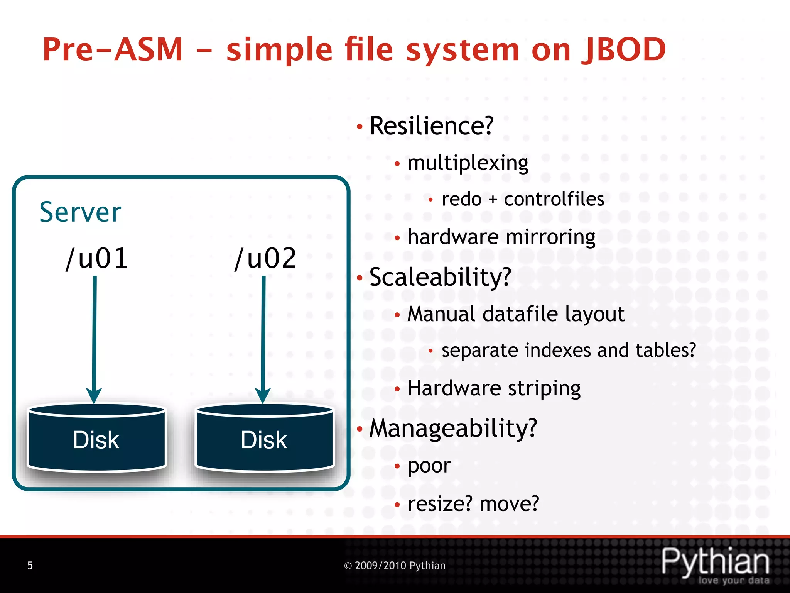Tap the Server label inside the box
(x=80, y=212)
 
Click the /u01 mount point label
(x=96, y=258)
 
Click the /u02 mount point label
(x=265, y=258)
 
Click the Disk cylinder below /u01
(x=96, y=438)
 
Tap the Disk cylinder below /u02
(x=264, y=438)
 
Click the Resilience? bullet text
(x=431, y=126)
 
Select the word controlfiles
(x=554, y=200)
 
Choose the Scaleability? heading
(x=440, y=277)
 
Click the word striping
(x=544, y=389)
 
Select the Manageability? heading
(x=453, y=429)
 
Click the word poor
(x=429, y=466)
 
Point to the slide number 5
(x=30, y=566)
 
